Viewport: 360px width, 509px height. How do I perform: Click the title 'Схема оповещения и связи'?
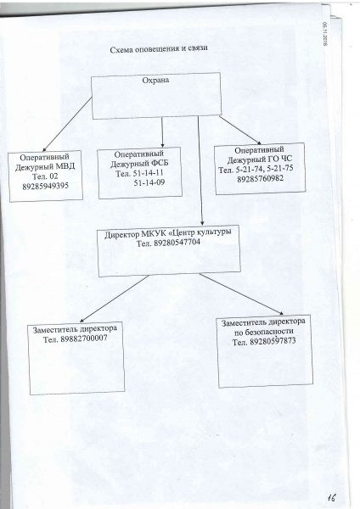[159, 49]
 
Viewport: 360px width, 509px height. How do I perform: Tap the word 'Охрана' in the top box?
[155, 81]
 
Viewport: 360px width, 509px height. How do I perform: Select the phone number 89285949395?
[46, 187]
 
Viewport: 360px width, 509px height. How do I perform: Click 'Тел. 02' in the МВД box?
[45, 176]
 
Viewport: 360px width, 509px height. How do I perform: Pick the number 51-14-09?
[149, 182]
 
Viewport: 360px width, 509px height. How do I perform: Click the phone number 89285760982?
[260, 178]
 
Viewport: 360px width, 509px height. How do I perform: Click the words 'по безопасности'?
[264, 332]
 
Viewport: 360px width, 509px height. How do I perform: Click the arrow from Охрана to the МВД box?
[67, 125]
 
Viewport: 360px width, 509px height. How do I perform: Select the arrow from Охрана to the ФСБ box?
[162, 132]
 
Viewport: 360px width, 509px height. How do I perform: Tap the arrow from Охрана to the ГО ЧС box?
[240, 130]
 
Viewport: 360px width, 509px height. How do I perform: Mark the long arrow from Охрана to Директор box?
[200, 171]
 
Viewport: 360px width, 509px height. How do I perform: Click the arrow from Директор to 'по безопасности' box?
[241, 294]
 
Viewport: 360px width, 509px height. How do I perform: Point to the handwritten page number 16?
[331, 498]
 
